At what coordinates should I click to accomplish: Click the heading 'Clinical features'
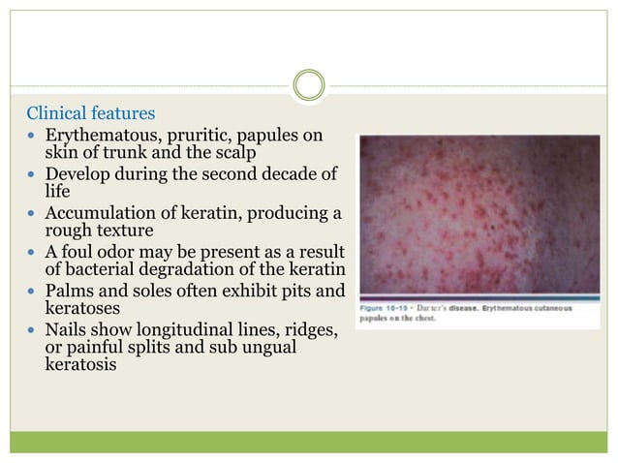(90, 113)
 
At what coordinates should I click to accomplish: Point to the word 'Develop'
(77, 173)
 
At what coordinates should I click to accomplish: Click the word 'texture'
(122, 231)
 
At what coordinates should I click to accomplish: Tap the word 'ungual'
(268, 349)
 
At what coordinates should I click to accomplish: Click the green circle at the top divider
(309, 85)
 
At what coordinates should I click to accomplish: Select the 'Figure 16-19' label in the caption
(386, 309)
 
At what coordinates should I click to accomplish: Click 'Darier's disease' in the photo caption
(446, 309)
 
